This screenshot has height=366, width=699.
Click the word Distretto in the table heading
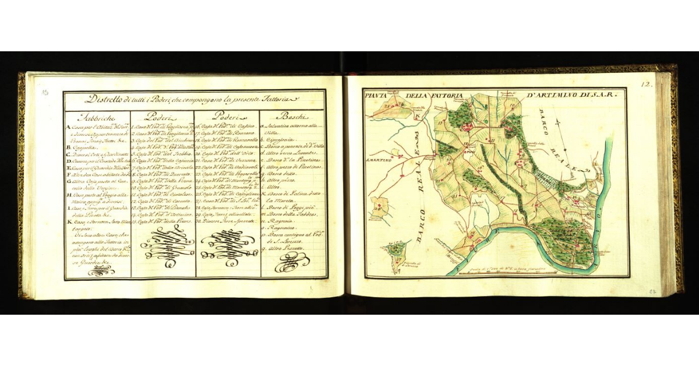pyautogui.click(x=104, y=99)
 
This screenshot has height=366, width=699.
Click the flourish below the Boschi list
pyautogui.click(x=292, y=262)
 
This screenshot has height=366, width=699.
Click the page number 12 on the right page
pyautogui.click(x=646, y=84)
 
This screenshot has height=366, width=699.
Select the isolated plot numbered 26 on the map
pyautogui.click(x=379, y=206)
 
